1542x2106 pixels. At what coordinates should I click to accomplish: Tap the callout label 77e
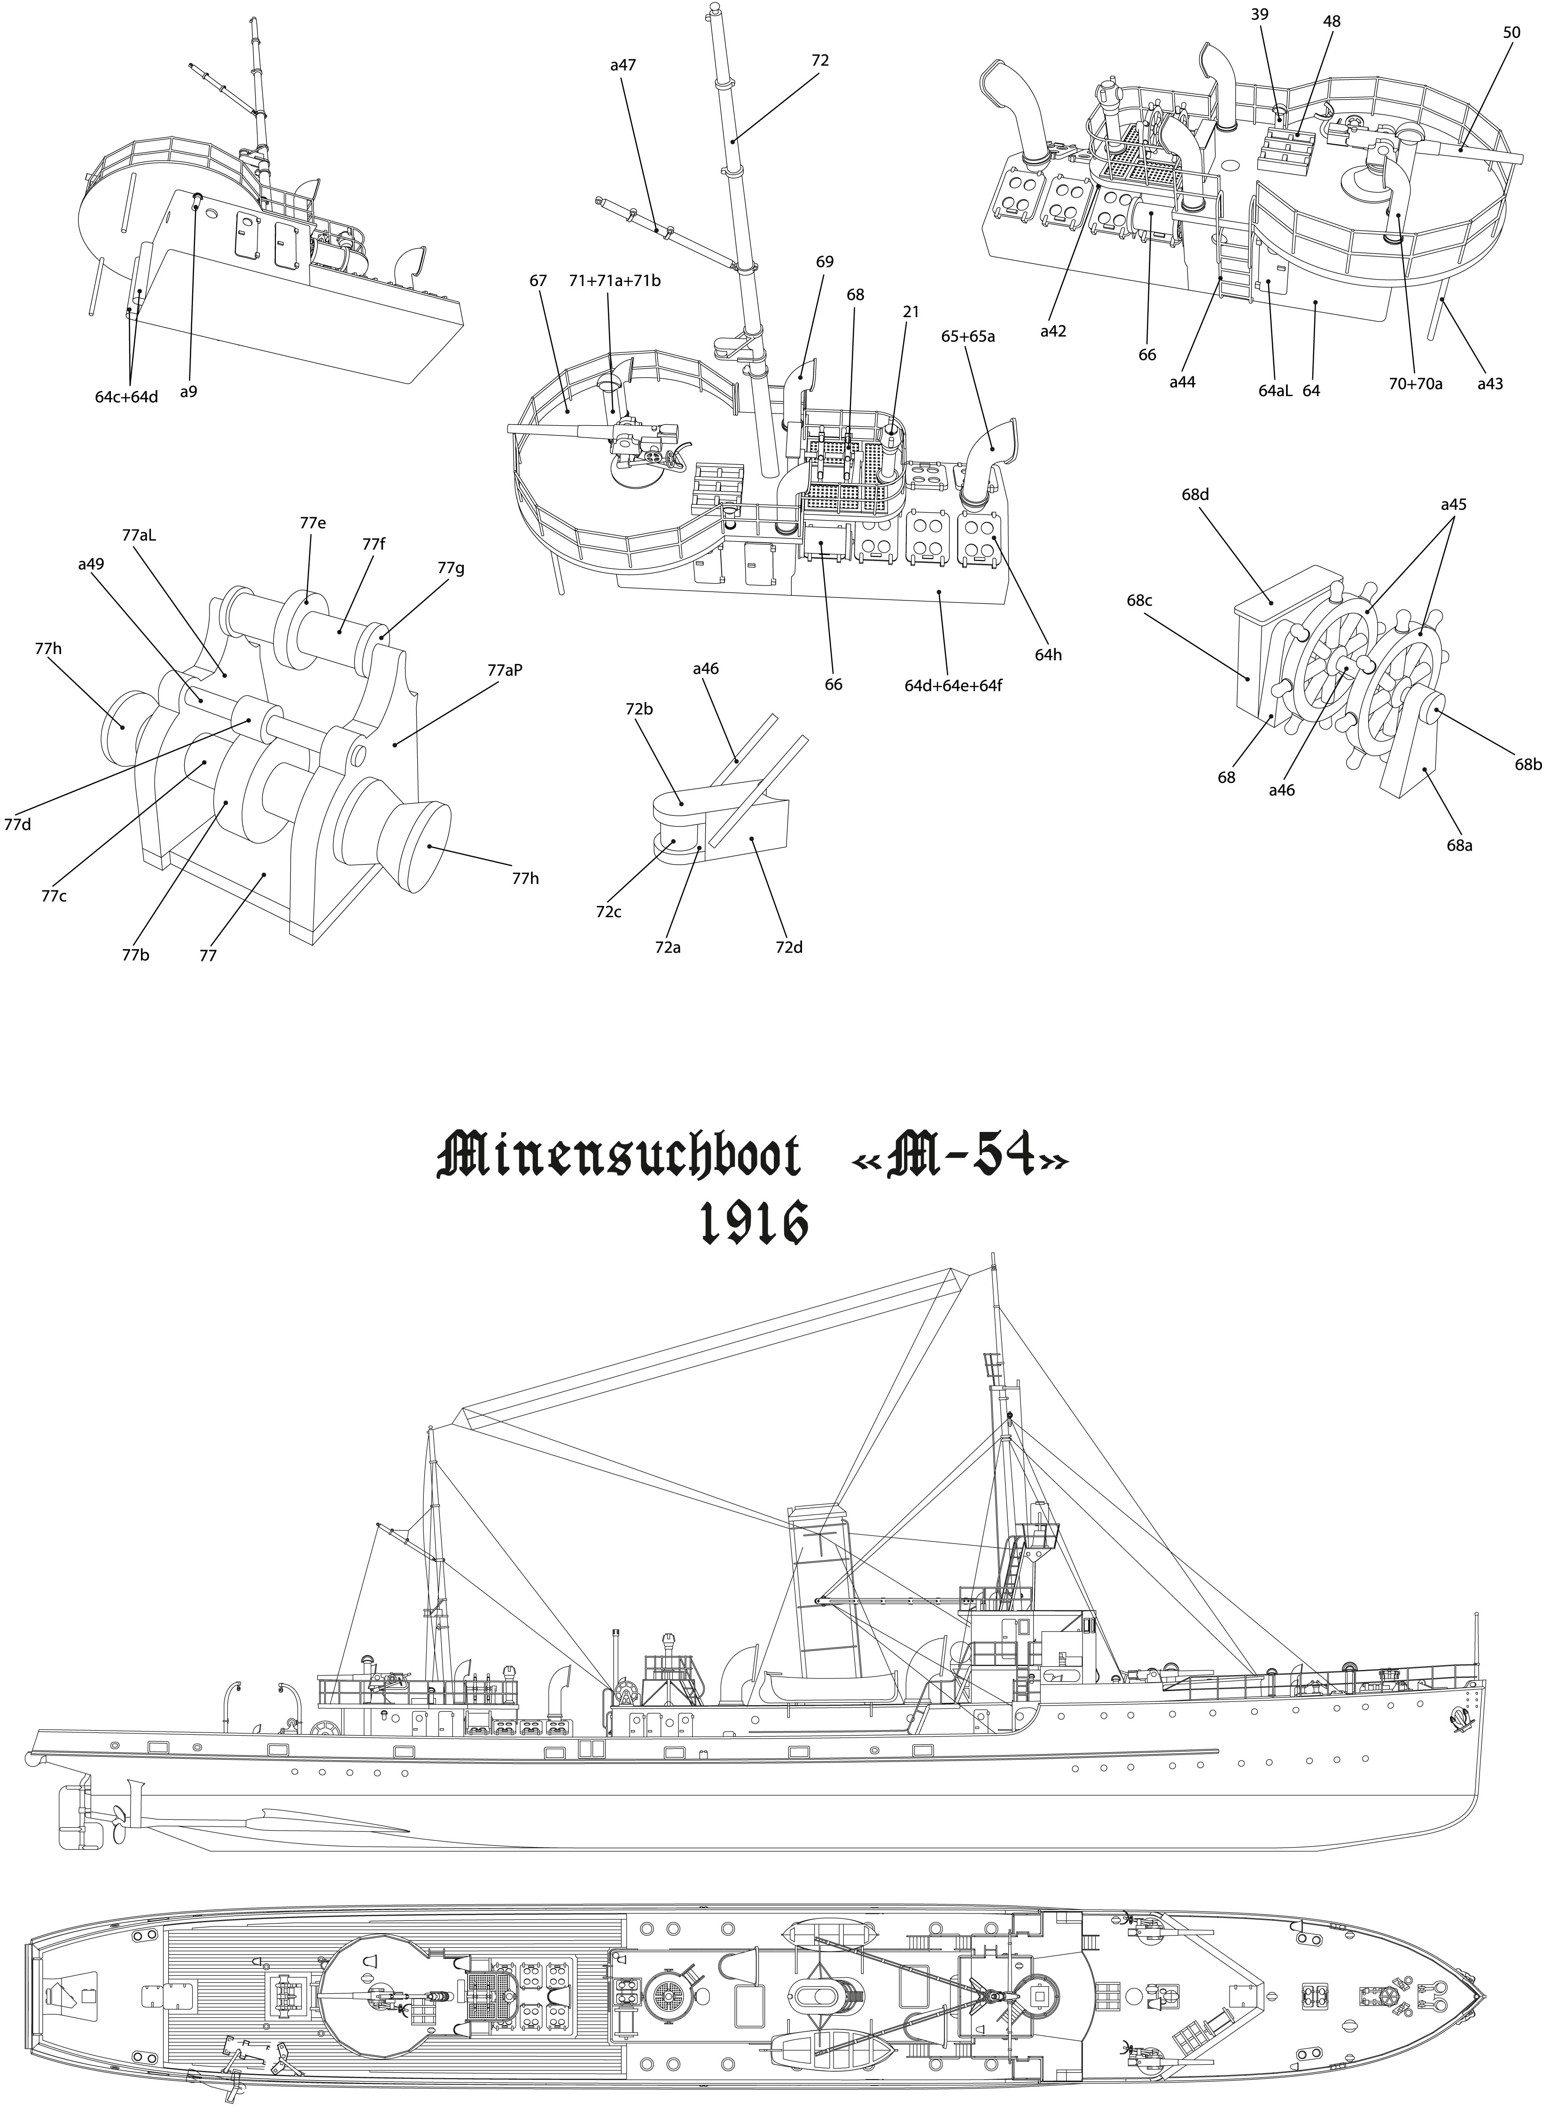tap(313, 524)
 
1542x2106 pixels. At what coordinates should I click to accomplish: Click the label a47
tap(623, 65)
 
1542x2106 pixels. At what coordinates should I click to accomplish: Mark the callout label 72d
tap(789, 948)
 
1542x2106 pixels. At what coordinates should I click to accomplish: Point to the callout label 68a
tap(1461, 846)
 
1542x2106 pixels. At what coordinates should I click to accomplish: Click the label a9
tap(188, 392)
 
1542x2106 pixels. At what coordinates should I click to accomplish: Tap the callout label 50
tap(1511, 32)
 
